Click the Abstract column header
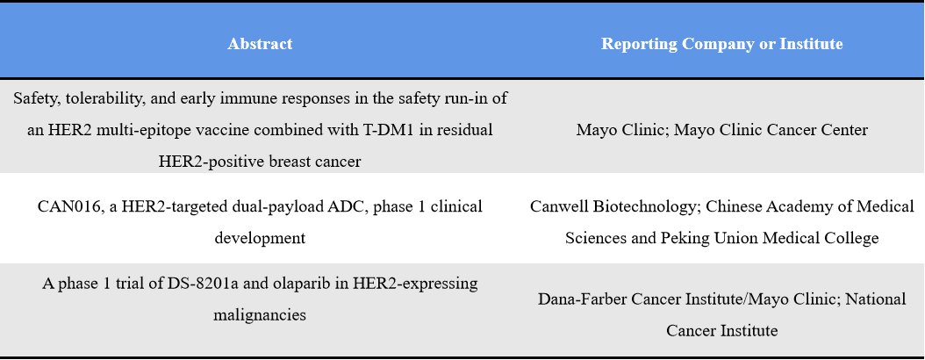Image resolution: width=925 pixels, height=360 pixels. coord(260,44)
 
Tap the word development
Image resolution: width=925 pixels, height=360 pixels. coord(260,237)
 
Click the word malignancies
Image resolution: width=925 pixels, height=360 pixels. coord(260,313)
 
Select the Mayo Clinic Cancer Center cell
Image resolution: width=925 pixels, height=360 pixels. coord(721,130)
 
